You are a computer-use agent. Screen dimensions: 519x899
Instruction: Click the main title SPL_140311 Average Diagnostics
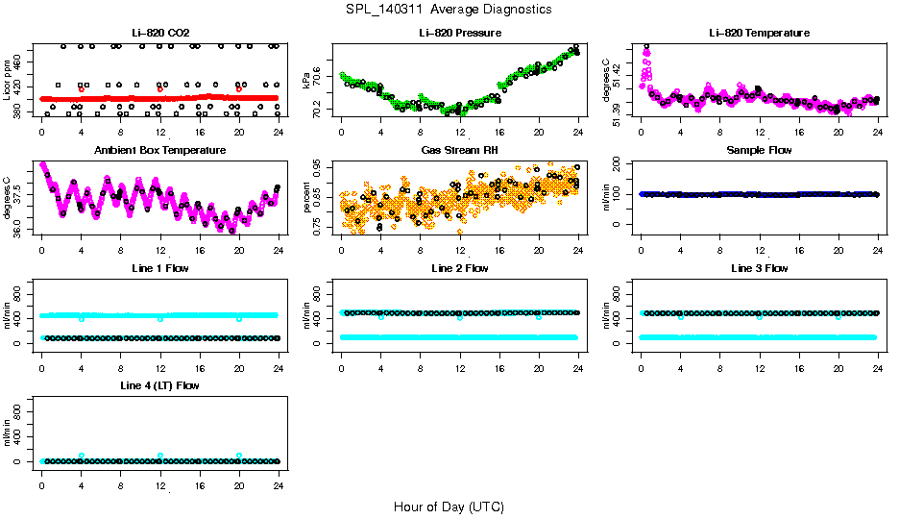(449, 9)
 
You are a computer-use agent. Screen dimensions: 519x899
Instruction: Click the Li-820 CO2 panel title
(159, 33)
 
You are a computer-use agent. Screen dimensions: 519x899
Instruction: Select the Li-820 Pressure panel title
(460, 33)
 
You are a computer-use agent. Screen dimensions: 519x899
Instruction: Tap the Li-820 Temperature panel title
(759, 33)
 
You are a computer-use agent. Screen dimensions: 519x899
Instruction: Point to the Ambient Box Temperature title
(159, 151)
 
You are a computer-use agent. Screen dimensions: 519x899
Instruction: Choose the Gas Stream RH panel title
(460, 151)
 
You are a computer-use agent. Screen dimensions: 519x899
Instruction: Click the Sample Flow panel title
(759, 151)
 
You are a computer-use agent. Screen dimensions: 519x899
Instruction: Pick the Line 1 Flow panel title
(159, 268)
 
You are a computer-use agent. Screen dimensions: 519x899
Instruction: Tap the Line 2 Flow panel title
(460, 268)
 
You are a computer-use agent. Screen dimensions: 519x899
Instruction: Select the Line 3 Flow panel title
(759, 268)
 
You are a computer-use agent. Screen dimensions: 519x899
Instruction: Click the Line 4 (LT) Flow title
(159, 385)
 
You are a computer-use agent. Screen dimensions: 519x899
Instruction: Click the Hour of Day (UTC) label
(449, 507)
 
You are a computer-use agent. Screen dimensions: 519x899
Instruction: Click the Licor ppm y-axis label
(8, 81)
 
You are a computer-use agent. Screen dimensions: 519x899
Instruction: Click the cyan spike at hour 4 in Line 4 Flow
(82, 456)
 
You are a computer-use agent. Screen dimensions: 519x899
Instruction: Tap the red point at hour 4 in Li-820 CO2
(82, 89)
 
